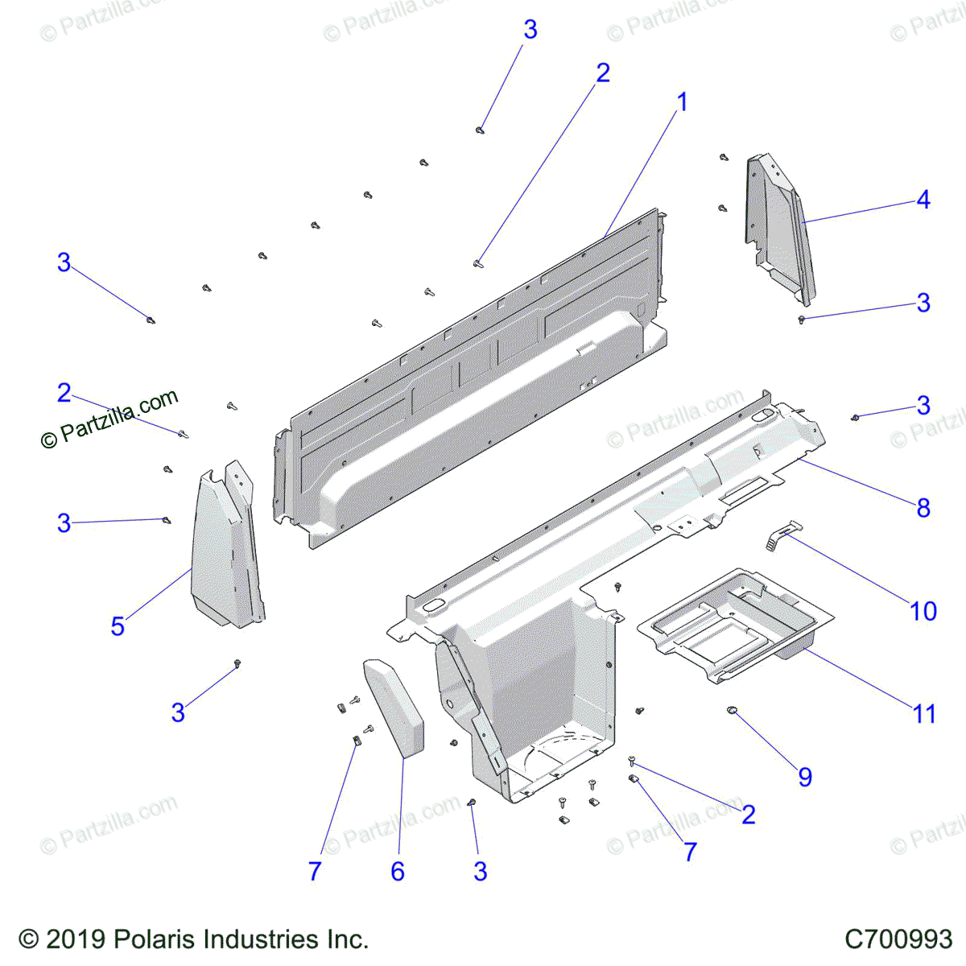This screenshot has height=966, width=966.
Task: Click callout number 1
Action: pos(683,103)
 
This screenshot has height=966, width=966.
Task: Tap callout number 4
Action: pos(923,200)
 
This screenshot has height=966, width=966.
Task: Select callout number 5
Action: pos(118,626)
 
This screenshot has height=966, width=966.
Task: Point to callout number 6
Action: pos(398,871)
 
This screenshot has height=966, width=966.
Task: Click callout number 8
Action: pos(923,508)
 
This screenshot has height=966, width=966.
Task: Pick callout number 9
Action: pos(805,777)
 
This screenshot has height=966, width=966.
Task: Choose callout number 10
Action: pos(923,612)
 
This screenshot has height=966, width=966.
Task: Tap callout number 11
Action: pos(924,714)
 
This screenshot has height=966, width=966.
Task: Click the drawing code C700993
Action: pos(898,939)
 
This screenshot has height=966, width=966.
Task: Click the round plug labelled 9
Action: pos(733,710)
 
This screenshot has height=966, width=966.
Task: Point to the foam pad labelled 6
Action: pos(395,708)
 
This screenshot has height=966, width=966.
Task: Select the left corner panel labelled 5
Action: pos(225,547)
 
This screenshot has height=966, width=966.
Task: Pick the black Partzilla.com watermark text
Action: pos(109,417)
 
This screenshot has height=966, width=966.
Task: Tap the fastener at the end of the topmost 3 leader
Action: pos(481,130)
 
